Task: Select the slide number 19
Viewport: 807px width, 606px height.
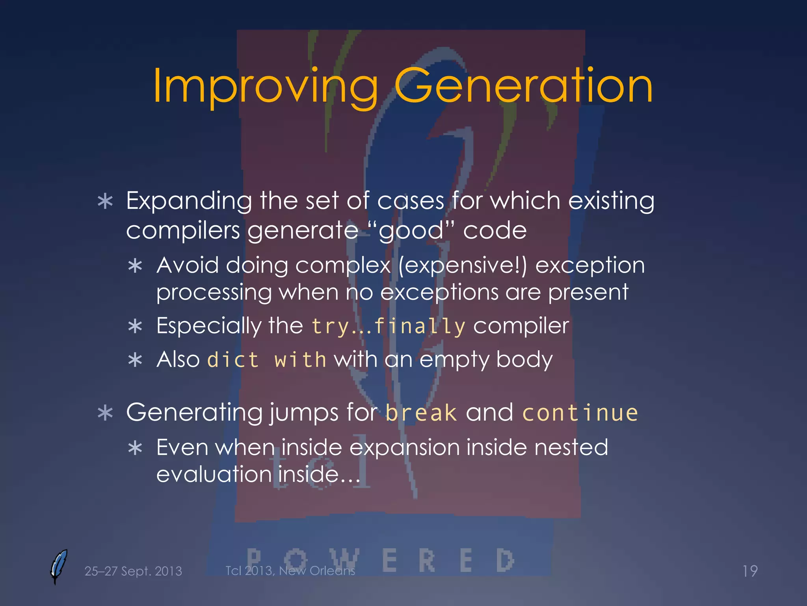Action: tap(750, 571)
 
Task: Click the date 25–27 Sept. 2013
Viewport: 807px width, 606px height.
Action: tap(133, 571)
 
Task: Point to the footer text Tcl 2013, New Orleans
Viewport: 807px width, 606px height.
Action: tap(290, 570)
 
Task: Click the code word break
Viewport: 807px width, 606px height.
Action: tap(421, 413)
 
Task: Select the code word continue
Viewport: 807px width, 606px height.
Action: tap(580, 413)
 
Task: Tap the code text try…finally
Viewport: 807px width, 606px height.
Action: tap(389, 326)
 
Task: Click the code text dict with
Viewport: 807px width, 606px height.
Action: tap(267, 360)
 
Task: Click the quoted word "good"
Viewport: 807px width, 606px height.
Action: tap(411, 230)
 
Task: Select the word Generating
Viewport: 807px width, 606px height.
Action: tap(194, 413)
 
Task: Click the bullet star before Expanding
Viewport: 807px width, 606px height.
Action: tap(105, 202)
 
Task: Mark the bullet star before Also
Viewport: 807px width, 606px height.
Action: tap(135, 360)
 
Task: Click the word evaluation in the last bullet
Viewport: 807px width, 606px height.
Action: tap(214, 474)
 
